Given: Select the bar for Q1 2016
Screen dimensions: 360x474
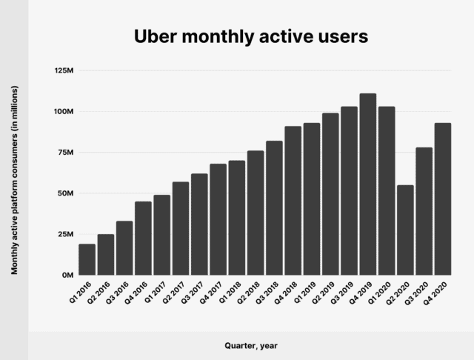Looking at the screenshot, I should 87,259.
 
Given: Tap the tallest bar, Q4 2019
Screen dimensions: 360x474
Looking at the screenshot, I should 368,184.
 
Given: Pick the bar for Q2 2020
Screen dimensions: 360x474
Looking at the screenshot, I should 405,230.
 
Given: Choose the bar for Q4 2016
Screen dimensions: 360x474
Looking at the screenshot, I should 144,238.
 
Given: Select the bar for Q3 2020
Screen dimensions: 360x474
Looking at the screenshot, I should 424,211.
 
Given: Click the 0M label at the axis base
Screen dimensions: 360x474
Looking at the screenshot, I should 67,275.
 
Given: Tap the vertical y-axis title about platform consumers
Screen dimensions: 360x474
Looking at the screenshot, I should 15,180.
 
